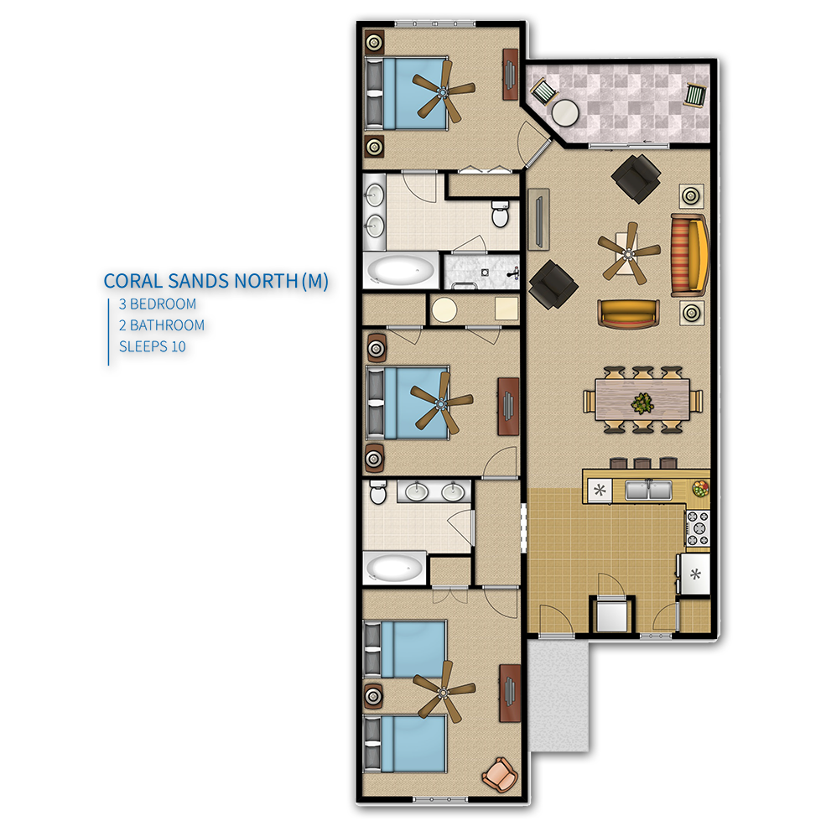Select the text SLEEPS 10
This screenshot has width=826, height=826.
point(153,346)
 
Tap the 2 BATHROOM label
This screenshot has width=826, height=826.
point(162,325)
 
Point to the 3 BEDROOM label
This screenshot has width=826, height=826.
point(158,304)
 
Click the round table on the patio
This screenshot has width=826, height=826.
point(564,112)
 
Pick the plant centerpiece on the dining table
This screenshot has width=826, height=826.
point(642,403)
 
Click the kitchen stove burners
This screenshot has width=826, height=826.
point(698,527)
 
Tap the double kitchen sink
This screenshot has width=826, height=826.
point(648,490)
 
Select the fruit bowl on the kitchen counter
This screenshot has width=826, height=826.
point(700,488)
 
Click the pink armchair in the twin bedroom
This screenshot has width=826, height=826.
point(500,774)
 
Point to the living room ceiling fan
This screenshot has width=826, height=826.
point(628,254)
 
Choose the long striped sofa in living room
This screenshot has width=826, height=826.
point(689,256)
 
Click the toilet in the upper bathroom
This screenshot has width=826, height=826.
point(500,213)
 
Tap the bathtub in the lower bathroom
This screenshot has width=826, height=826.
point(394,569)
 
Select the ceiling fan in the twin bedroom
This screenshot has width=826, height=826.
point(444,691)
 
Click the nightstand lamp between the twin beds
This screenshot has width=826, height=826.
point(373,696)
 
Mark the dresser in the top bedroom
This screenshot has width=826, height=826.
point(511,75)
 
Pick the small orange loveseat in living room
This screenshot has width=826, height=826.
point(628,314)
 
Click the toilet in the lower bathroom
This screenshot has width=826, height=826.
point(377,492)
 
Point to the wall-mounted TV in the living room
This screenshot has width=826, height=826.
point(539,219)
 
